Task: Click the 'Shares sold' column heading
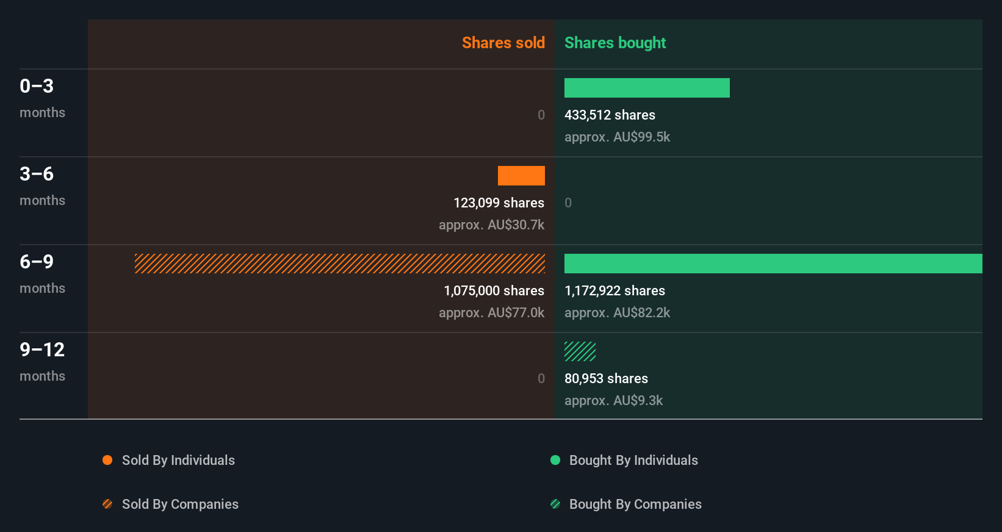pyautogui.click(x=503, y=43)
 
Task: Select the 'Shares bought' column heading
pyautogui.click(x=615, y=43)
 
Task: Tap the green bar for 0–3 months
pyautogui.click(x=647, y=88)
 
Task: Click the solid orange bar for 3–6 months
pyautogui.click(x=521, y=176)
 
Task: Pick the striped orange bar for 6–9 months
pyautogui.click(x=340, y=264)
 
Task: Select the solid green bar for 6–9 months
pyautogui.click(x=773, y=264)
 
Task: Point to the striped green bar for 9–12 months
pyautogui.click(x=580, y=351)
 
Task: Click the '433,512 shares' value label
pyautogui.click(x=610, y=115)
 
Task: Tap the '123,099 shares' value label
pyautogui.click(x=499, y=203)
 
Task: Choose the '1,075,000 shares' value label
pyautogui.click(x=494, y=291)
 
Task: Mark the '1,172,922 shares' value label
pyautogui.click(x=615, y=291)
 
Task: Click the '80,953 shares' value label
pyautogui.click(x=606, y=379)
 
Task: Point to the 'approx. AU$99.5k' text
pyautogui.click(x=617, y=137)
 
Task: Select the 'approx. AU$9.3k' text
pyautogui.click(x=613, y=401)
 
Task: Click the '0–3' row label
pyautogui.click(x=37, y=86)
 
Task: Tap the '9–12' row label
pyautogui.click(x=42, y=350)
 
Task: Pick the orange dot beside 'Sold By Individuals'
pyautogui.click(x=107, y=460)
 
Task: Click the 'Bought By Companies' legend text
pyautogui.click(x=635, y=505)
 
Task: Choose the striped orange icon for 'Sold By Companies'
pyautogui.click(x=107, y=504)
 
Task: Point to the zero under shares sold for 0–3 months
pyautogui.click(x=541, y=115)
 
